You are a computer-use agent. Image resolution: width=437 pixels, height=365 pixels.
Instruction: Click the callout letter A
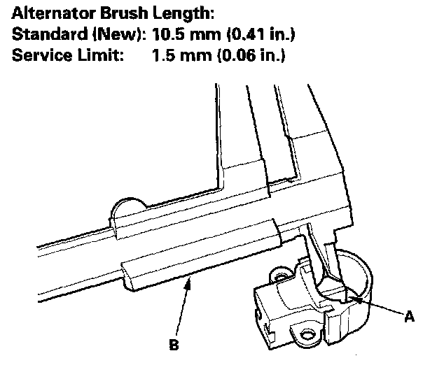[410, 317]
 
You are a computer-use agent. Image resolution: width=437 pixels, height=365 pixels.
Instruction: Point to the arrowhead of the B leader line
[189, 279]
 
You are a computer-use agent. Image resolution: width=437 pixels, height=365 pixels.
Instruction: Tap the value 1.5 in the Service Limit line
[162, 55]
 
